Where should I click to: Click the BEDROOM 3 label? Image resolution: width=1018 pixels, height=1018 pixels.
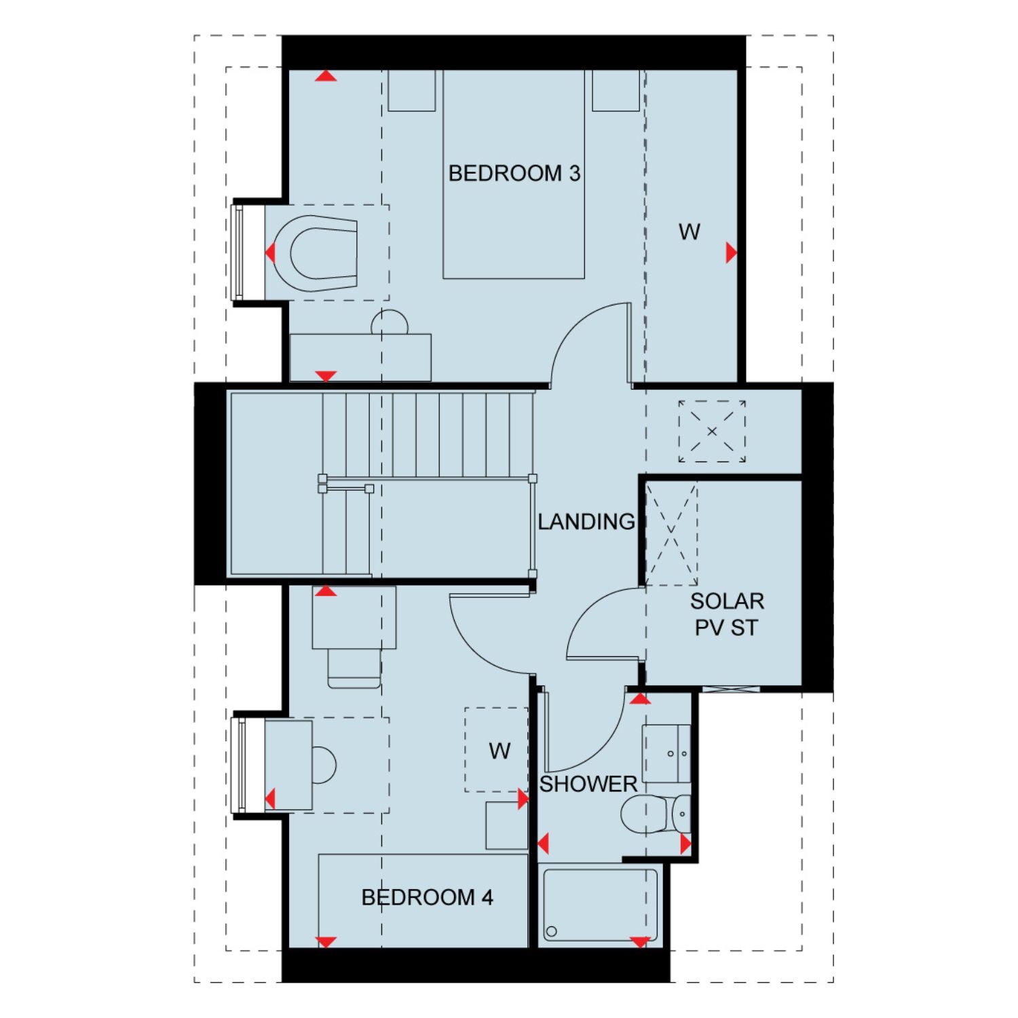514,173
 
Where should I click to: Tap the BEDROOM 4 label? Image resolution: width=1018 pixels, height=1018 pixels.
427,897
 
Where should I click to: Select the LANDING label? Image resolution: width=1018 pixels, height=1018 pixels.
586,521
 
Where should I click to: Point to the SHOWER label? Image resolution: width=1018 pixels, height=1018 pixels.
588,784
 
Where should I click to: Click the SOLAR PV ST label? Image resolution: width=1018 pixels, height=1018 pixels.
727,614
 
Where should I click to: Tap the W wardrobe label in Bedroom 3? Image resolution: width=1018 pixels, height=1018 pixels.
689,232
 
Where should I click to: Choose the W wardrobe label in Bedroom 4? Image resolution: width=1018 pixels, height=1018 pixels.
499,751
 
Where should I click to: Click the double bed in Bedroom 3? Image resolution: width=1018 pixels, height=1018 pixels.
514,174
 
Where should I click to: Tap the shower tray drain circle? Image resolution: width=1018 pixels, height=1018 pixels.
551,932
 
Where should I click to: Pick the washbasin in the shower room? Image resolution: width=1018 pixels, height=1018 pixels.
666,753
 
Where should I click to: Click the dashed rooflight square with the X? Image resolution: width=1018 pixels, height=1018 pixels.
712,432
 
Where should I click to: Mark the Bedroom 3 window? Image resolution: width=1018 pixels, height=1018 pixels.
238,252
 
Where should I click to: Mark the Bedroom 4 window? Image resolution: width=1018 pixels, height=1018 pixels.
238,765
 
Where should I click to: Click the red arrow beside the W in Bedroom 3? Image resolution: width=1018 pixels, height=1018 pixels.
732,252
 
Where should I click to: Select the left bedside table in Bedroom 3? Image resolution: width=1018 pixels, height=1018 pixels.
411,90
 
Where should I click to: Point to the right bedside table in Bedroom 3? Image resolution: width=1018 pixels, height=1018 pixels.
616,90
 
